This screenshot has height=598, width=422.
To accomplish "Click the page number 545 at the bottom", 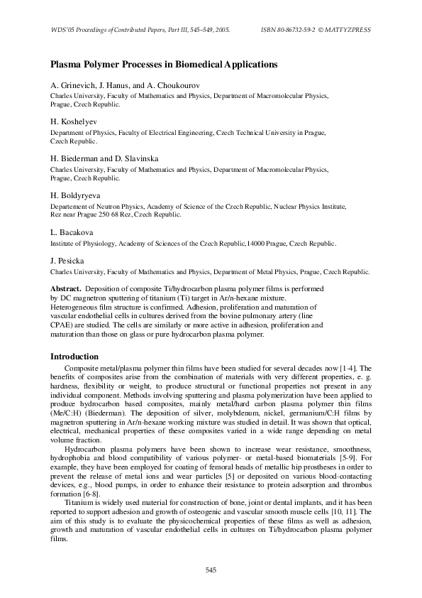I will click(211, 570).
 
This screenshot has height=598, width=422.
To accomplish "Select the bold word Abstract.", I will click(66, 289).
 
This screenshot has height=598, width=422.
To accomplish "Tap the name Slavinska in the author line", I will click(142, 158).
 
